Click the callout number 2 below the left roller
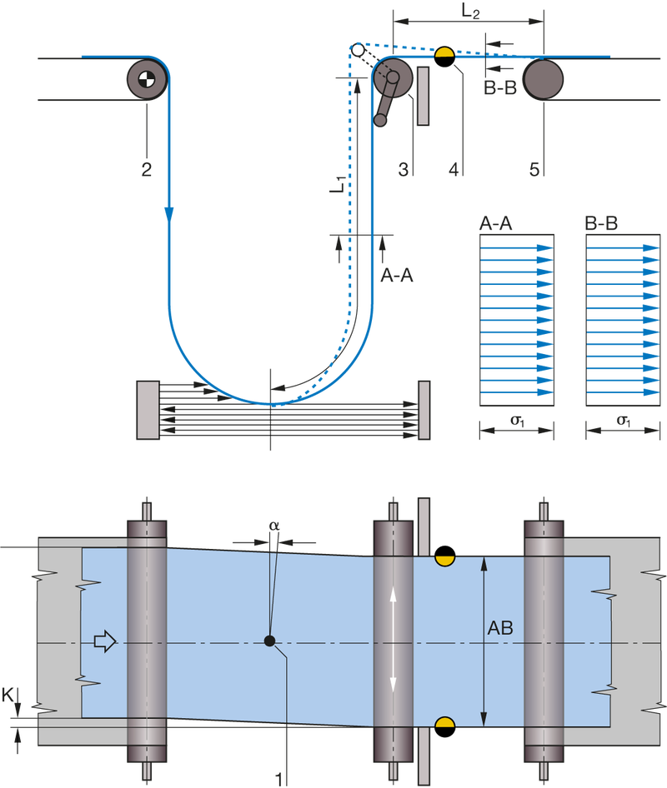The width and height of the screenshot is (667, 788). (147, 170)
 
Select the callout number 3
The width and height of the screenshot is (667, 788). (403, 170)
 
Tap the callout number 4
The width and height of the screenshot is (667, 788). (454, 170)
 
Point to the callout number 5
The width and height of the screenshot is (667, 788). (534, 170)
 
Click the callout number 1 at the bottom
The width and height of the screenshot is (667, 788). (278, 778)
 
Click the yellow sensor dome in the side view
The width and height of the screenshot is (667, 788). (444, 52)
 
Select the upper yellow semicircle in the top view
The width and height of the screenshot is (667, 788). (444, 561)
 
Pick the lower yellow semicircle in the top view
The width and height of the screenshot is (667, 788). (444, 721)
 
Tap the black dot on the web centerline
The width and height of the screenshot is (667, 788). (269, 641)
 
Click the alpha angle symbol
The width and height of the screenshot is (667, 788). (273, 526)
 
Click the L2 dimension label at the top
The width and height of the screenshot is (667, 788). (470, 11)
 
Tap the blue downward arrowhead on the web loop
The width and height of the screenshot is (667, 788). (169, 214)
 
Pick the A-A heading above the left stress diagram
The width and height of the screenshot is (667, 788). (497, 224)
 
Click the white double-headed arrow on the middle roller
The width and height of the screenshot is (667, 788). (393, 641)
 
